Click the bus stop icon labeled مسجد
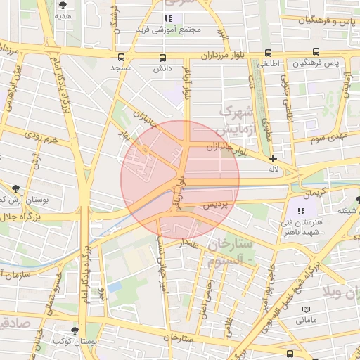pyautogui.click(x=122, y=57)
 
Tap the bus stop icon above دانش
pyautogui.click(x=162, y=58)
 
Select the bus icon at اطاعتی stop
pyautogui.click(x=267, y=53)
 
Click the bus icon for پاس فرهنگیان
pyautogui.click(x=316, y=52)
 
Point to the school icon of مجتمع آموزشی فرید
pyautogui.click(x=167, y=18)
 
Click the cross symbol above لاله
pyautogui.click(x=274, y=159)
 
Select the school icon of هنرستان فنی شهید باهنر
pyautogui.click(x=301, y=211)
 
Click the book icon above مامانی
pyautogui.click(x=305, y=309)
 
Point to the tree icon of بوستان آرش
pyautogui.click(x=15, y=188)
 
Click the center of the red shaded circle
pyautogui.click(x=180, y=179)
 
